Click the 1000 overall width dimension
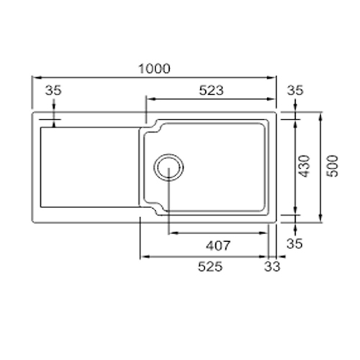coord(155,68)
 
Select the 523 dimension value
coord(211,91)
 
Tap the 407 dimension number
coord(218,246)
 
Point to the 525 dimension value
coord(210,266)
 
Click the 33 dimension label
coord(272,266)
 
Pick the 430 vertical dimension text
coord(305,166)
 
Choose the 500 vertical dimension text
coord(333,166)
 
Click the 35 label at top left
coord(53,91)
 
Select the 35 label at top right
coord(295,91)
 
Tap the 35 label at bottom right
coord(294,243)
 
